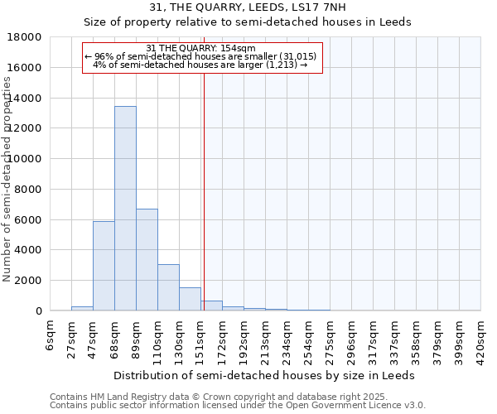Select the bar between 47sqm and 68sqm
(104, 266)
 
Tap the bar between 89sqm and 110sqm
(147, 260)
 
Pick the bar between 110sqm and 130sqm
(168, 287)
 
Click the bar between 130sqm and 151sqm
(190, 299)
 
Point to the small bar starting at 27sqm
(82, 308)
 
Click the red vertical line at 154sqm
(204, 190)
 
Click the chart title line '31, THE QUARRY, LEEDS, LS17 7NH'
(249, 7)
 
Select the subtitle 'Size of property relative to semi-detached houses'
(249, 22)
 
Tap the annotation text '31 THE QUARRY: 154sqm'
(200, 48)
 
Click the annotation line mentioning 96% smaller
(200, 56)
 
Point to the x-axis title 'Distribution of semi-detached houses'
(264, 375)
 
